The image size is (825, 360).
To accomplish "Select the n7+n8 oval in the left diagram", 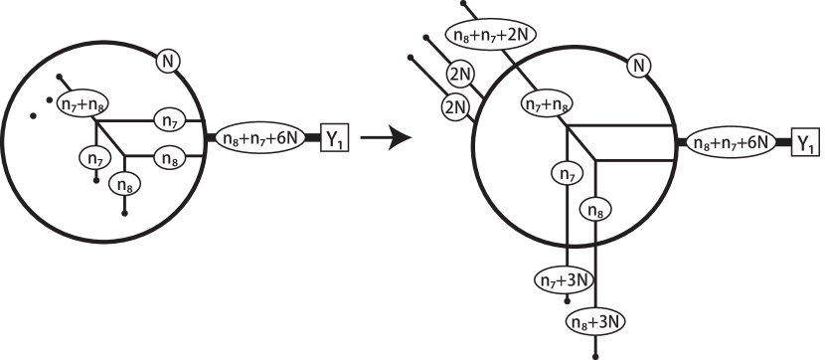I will (82, 101).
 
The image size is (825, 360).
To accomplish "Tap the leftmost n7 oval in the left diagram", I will (95, 157).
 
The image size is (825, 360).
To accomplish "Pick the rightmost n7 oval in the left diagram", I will (168, 120).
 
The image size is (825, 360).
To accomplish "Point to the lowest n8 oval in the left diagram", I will (125, 183).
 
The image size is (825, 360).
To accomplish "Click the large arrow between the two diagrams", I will (386, 139).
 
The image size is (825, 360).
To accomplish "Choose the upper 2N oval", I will (459, 75).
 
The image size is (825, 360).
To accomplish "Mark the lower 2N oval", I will (455, 105).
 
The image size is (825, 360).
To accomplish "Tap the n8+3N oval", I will (596, 320).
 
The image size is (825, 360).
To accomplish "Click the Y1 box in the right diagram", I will (805, 143).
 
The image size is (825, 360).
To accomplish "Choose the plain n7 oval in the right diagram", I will (567, 174).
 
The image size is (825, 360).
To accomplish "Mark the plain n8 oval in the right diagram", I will (593, 210).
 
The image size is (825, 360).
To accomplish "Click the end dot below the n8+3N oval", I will (595, 353).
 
